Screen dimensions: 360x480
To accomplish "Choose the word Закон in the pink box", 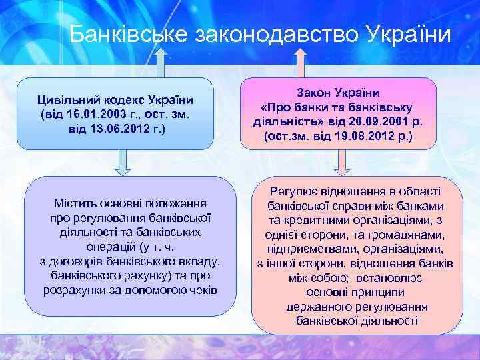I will pyautogui.click(x=312, y=95).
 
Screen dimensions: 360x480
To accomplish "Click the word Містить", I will pyautogui.click(x=73, y=203).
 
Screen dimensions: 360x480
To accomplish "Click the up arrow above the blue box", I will pyautogui.click(x=159, y=64).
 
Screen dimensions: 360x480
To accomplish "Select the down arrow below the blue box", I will pyautogui.click(x=123, y=162).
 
